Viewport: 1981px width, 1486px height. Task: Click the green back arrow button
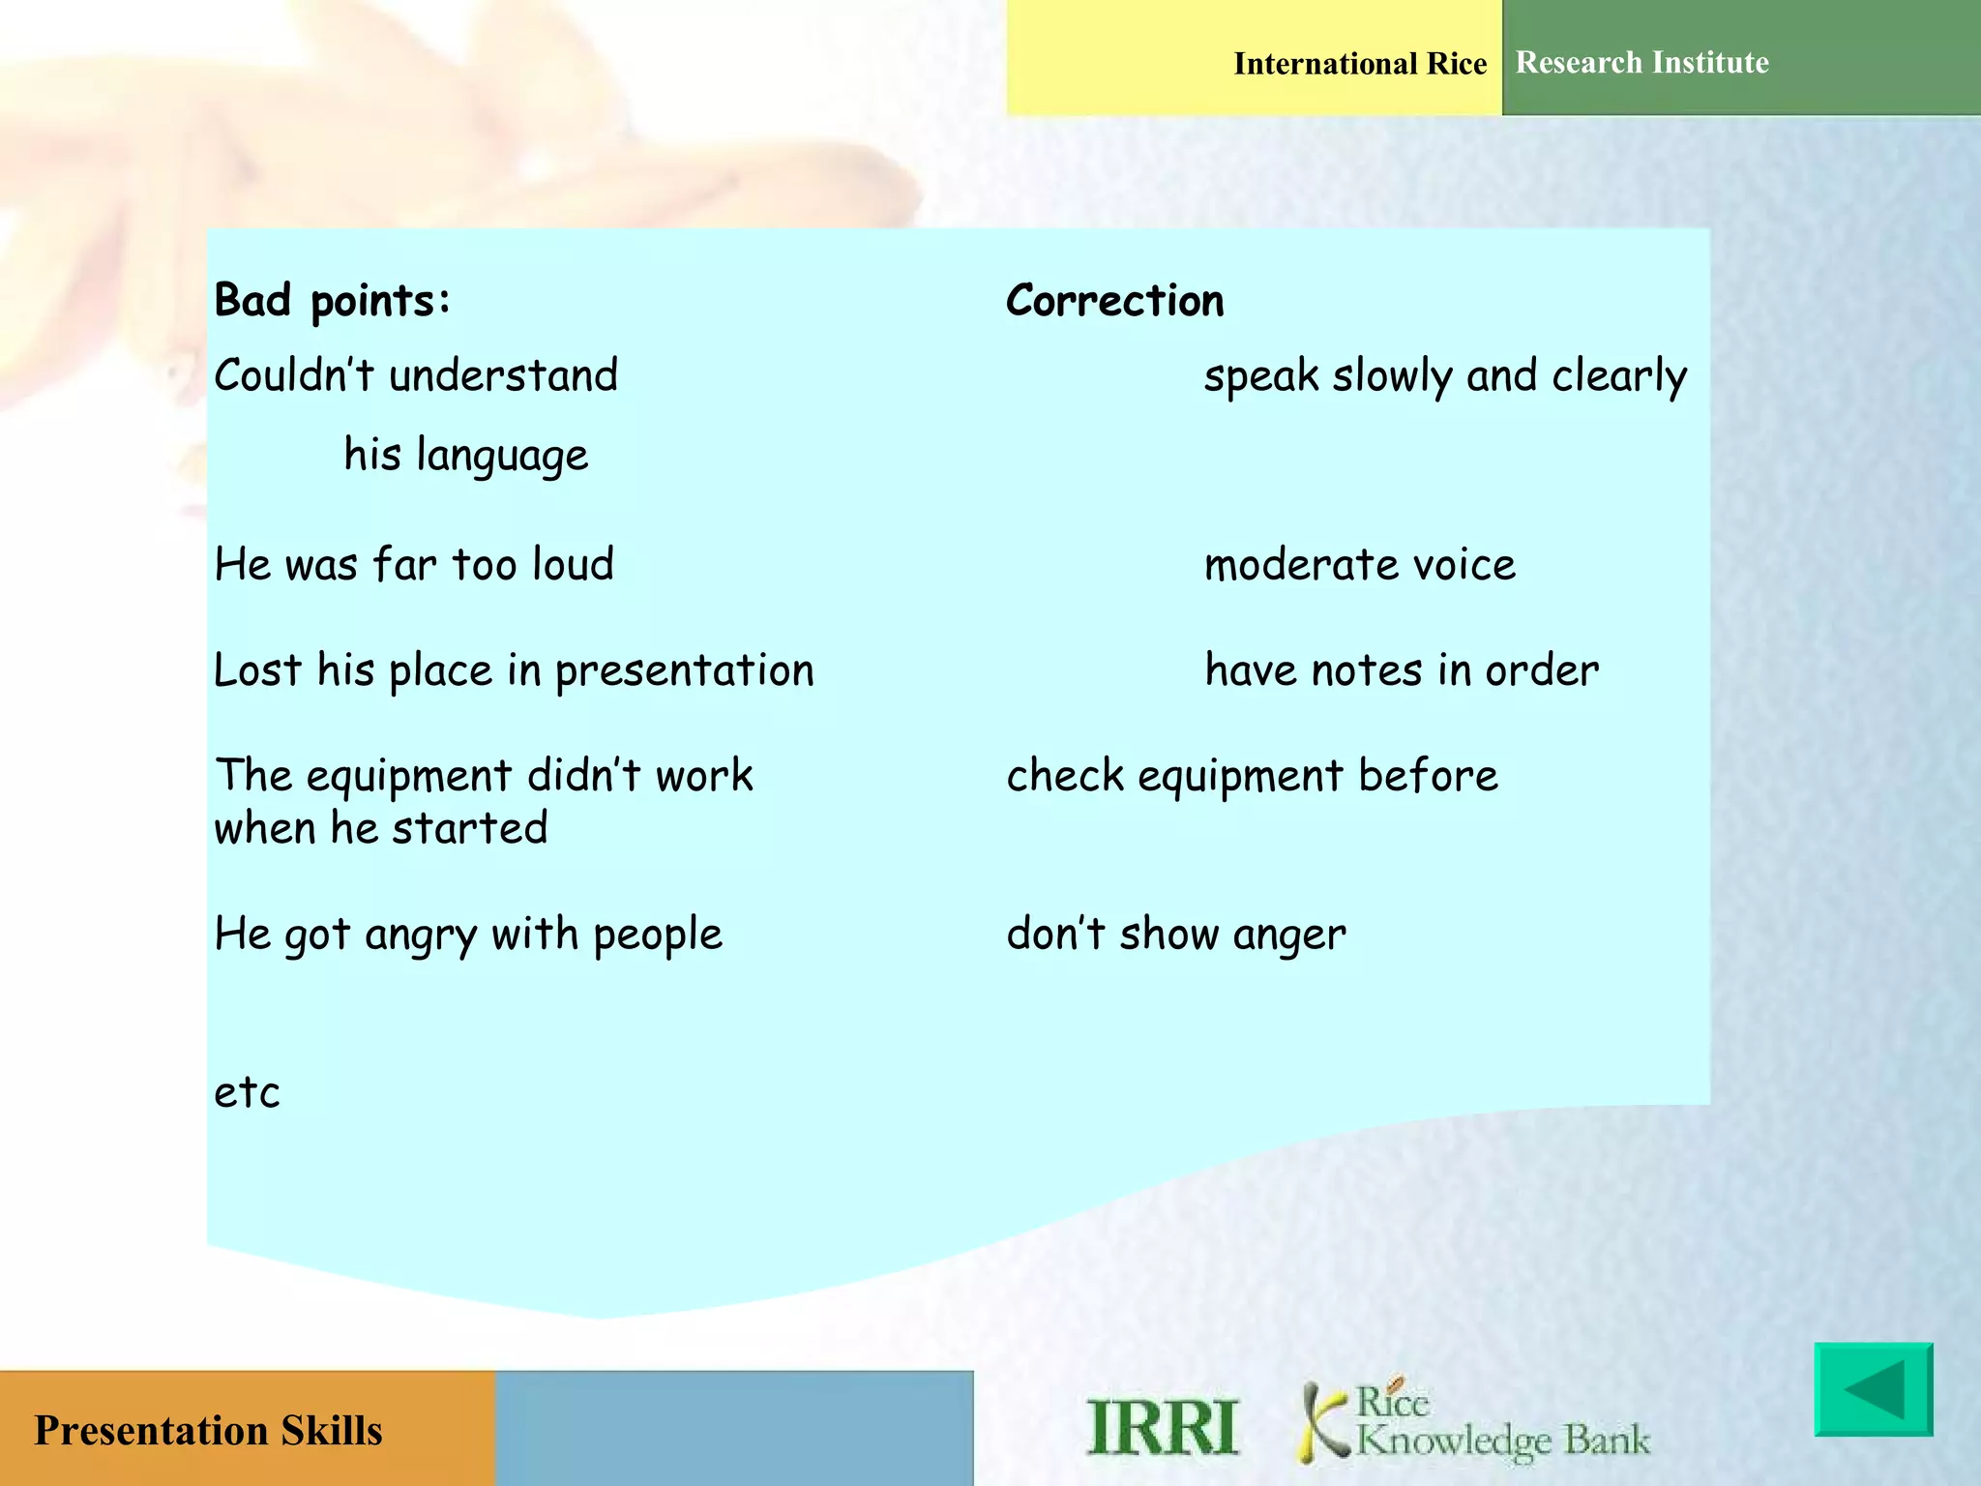[1873, 1389]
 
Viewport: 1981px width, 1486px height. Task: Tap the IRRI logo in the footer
[1162, 1428]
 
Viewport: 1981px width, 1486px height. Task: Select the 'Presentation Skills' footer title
[208, 1431]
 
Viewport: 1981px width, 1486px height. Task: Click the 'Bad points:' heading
[332, 301]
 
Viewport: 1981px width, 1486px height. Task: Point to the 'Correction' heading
[1114, 301]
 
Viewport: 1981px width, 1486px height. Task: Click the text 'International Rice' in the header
[1359, 64]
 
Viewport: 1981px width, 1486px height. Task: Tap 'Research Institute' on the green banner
[1641, 63]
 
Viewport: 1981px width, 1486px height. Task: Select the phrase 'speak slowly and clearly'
[1444, 376]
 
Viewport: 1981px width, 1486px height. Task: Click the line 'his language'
[465, 455]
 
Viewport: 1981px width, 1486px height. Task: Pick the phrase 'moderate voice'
[1359, 565]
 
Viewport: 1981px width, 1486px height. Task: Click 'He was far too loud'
[414, 565]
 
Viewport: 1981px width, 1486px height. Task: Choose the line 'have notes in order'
[1401, 670]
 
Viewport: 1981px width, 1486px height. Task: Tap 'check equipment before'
[1252, 776]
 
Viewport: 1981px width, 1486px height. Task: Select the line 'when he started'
[380, 829]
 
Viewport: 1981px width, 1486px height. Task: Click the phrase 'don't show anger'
[1175, 935]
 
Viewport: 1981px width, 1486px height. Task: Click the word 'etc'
[247, 1093]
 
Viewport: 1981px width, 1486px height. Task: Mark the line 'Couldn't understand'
[415, 375]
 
